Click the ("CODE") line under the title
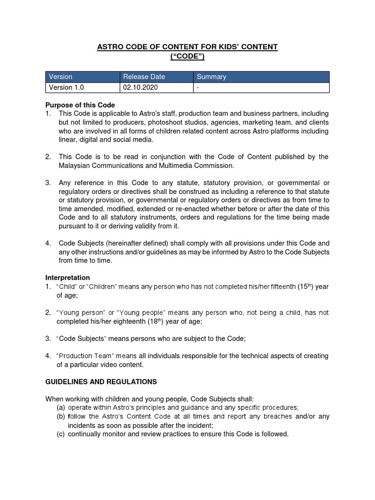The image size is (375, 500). point(187,56)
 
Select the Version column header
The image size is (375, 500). point(61,77)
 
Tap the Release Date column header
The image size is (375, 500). point(144,77)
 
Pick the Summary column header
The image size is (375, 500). point(211,77)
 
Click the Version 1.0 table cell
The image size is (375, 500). point(66,87)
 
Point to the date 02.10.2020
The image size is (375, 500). point(141,87)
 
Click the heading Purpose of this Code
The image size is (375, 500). point(80,105)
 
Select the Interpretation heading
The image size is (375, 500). point(67,278)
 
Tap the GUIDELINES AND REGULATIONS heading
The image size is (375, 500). point(101,381)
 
